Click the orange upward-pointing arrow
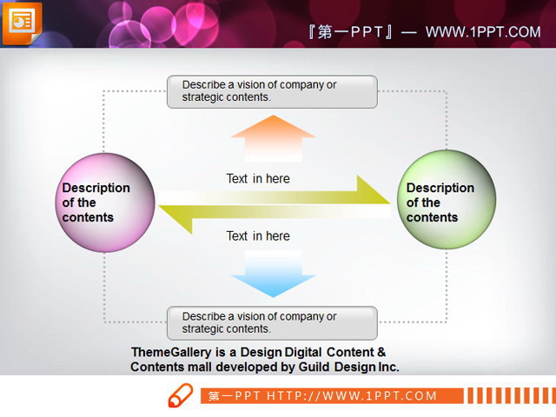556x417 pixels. click(273, 138)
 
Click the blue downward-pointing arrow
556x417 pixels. click(273, 274)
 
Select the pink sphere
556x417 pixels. click(105, 202)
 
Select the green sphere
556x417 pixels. click(446, 199)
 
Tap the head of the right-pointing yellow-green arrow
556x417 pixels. click(373, 190)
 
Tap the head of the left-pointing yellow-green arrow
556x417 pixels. click(175, 219)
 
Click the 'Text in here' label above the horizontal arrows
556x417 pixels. click(258, 179)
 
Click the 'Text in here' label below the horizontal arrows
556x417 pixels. click(258, 236)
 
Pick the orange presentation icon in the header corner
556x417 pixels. click(22, 23)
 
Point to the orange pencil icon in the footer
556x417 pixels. click(181, 395)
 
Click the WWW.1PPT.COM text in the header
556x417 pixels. click(483, 32)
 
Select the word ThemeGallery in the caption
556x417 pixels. click(171, 353)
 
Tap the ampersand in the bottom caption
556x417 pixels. click(381, 352)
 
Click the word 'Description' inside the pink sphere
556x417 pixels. click(96, 188)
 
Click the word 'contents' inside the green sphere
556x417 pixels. click(433, 217)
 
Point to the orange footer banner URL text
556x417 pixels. click(322, 396)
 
